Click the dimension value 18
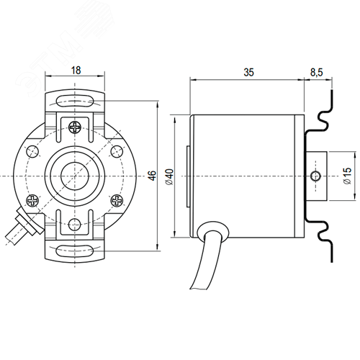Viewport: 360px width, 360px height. point(76,71)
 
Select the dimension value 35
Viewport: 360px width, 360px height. point(248,72)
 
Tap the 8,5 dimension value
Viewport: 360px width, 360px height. point(317,72)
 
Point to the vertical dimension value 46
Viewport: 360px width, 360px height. point(152,176)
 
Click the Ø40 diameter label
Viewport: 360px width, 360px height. point(170,177)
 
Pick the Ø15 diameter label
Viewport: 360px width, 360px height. point(347,176)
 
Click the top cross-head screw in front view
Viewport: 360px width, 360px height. point(75,127)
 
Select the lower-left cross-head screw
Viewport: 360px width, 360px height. point(32,200)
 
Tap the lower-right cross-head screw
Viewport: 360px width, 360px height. point(117,200)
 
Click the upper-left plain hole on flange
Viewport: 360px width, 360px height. point(32,151)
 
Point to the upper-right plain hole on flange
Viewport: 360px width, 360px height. point(117,151)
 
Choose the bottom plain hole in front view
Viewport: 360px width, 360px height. point(74,225)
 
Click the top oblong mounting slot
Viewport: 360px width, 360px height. point(75,101)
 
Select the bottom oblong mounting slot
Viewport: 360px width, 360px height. point(75,251)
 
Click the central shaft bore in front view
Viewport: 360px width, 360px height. point(75,176)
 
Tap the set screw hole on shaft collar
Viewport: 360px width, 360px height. point(315,176)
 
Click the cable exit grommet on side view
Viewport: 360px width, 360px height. point(212,231)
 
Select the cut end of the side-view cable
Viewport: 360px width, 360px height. point(199,289)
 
